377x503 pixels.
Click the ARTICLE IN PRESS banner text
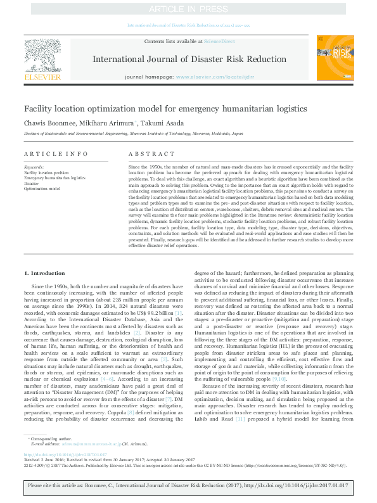[x=188, y=9]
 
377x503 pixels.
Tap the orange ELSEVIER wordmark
[x=42, y=77]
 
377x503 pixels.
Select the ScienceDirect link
[x=219, y=41]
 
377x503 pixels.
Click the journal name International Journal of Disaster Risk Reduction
[x=189, y=60]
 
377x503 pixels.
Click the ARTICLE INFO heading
[x=48, y=153]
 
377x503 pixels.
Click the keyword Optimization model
[x=42, y=188]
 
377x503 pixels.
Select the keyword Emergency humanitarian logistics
[x=54, y=177]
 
